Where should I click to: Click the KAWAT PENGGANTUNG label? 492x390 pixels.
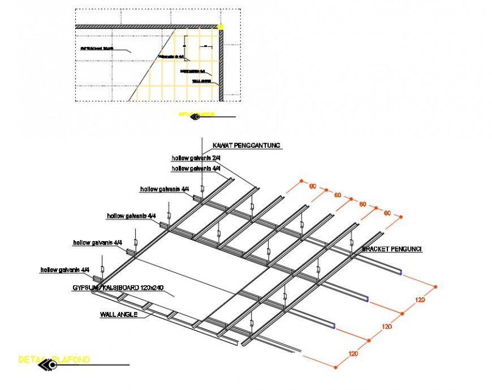[246, 145]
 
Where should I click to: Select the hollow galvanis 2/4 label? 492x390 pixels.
[196, 158]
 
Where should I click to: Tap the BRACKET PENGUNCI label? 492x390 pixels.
[392, 248]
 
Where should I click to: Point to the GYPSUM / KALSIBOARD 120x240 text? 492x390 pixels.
[118, 288]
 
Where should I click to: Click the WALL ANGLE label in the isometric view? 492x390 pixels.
[118, 314]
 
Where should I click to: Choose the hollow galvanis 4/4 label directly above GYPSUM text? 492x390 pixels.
[65, 270]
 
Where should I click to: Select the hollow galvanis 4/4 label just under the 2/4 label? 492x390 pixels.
[196, 169]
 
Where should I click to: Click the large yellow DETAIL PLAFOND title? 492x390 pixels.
[54, 359]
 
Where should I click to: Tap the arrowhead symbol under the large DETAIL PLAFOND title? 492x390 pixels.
[46, 366]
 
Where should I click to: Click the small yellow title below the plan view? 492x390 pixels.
[196, 114]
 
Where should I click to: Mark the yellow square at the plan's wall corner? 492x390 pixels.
[221, 27]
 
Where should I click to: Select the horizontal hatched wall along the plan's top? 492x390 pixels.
[147, 26]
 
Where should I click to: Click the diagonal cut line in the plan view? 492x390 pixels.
[153, 65]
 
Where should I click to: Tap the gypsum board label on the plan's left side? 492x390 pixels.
[97, 49]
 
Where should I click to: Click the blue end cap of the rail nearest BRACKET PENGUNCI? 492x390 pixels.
[401, 272]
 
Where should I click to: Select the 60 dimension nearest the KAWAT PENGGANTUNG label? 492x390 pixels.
[312, 186]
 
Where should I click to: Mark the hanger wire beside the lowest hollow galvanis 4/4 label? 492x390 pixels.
[102, 266]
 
